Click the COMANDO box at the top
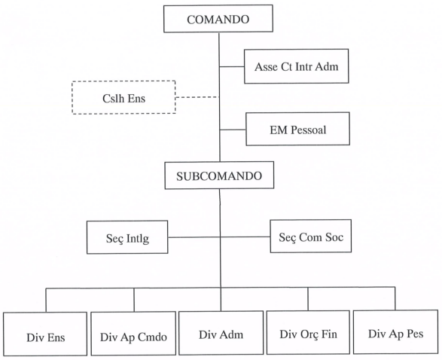[218, 19]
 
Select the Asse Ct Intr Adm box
[296, 66]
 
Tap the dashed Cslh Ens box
[123, 98]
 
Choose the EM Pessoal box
[297, 129]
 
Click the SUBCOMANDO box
[219, 175]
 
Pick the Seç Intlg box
[127, 237]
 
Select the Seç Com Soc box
[311, 236]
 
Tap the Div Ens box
[45, 334]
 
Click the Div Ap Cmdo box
[133, 334]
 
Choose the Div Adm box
[221, 333]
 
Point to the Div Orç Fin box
[308, 332]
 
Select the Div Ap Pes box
[396, 332]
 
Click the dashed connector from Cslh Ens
[197, 97]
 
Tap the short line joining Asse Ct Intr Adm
[232, 67]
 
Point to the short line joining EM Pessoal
[233, 130]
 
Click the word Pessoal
[309, 130]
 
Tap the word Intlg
[138, 239]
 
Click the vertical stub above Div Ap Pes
[395, 299]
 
